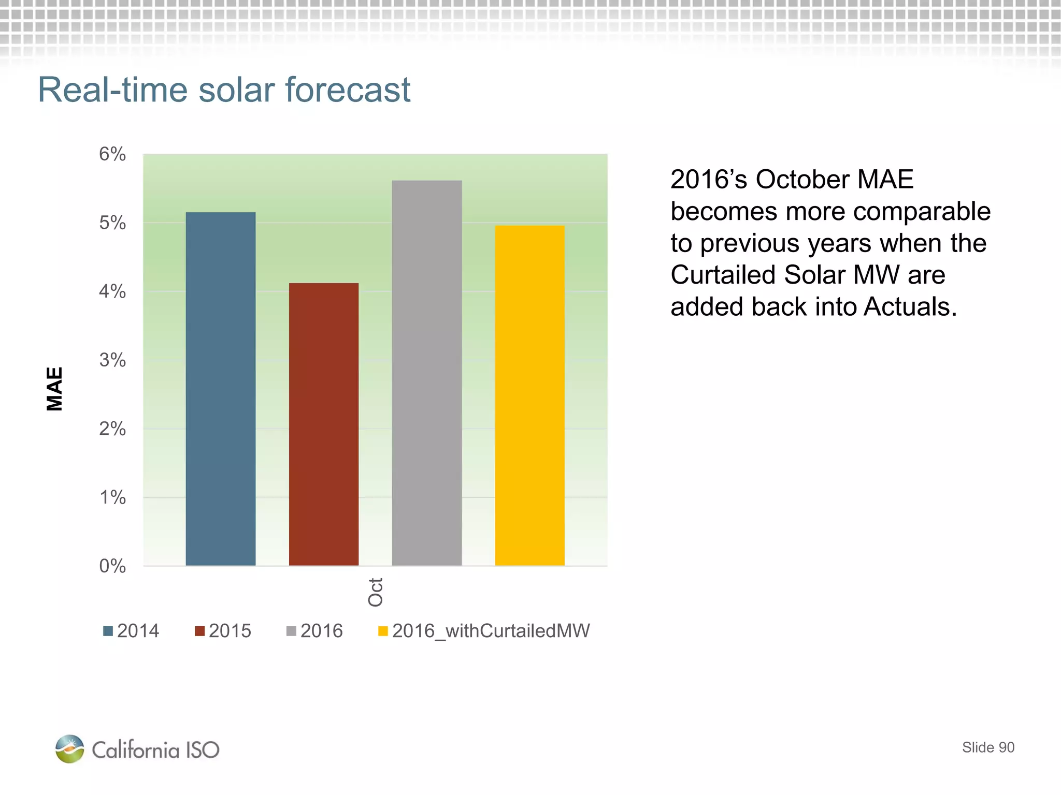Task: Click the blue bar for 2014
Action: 220,388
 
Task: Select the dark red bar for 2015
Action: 323,424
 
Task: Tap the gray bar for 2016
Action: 426,373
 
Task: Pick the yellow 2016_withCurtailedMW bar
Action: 529,396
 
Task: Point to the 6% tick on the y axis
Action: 112,154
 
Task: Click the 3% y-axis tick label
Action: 112,360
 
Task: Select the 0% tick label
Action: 112,566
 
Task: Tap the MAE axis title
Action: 54,389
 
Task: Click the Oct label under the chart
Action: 376,592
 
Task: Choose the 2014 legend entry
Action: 132,631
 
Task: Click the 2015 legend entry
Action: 223,631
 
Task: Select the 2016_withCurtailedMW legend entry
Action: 484,631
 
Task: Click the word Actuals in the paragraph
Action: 910,307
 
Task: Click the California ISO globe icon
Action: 69,749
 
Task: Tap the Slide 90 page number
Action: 988,747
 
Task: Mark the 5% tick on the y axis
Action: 112,223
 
